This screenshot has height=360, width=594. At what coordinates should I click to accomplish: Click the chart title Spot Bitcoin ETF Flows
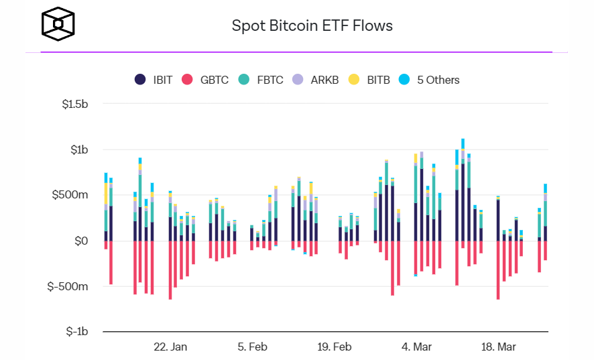point(312,26)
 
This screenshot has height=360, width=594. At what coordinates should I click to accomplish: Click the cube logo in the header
point(58,25)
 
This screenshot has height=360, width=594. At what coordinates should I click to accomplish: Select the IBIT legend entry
point(154,80)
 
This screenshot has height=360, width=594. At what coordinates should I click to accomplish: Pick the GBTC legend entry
point(206,80)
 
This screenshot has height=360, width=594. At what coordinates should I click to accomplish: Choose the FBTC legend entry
point(261,80)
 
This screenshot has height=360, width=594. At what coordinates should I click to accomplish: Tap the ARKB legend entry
point(316,80)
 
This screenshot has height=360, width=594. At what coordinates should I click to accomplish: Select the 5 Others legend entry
point(430,80)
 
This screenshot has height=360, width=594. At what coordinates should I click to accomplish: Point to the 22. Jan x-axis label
point(170,347)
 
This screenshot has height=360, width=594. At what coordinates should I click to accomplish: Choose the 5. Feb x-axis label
point(252,347)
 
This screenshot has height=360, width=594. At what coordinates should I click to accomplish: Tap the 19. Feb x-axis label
point(334,347)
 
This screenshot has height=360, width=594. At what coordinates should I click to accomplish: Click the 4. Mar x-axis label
point(416,347)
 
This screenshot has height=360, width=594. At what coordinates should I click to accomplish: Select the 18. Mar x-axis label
point(498,347)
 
